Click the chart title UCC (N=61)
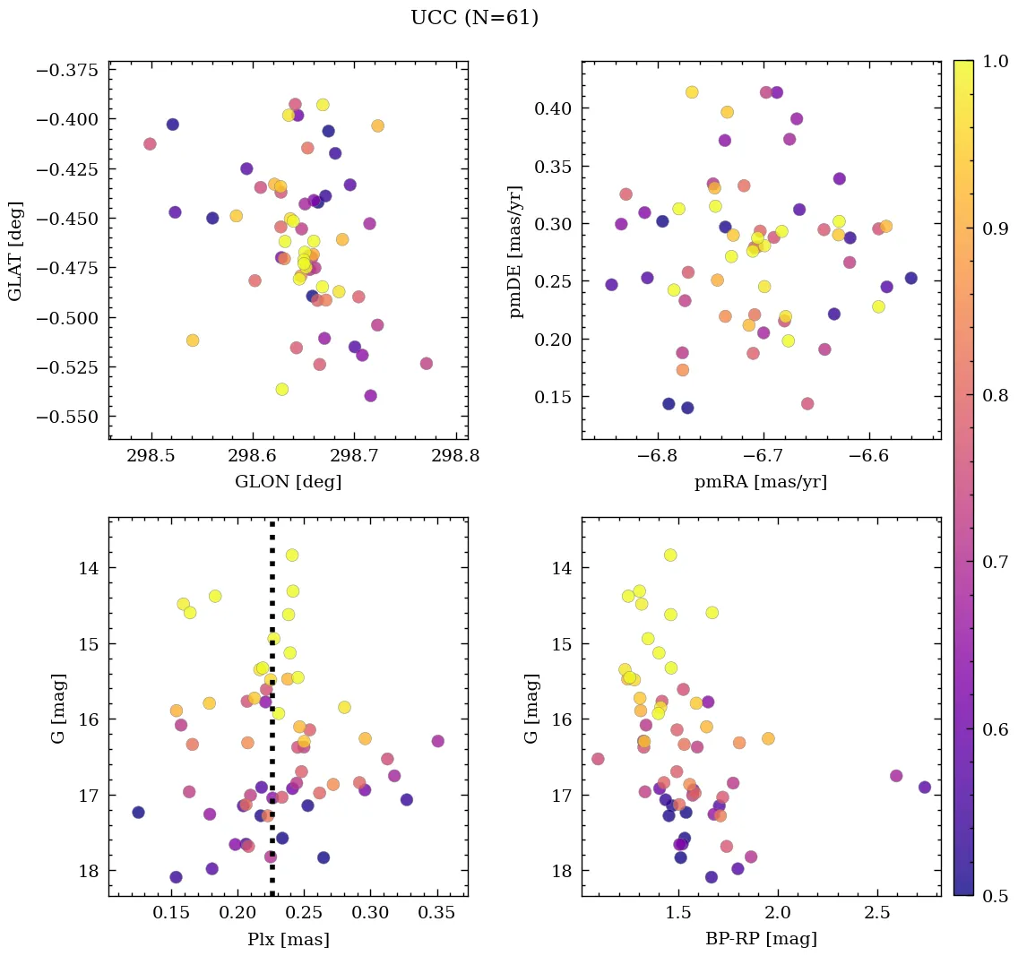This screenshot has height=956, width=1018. point(474,18)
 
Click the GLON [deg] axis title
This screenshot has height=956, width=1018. point(288,481)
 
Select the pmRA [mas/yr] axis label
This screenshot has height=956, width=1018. point(761,481)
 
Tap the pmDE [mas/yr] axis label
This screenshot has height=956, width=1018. point(516,251)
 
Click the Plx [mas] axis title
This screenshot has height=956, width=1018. point(288,940)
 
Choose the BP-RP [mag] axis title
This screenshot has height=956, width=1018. point(761,940)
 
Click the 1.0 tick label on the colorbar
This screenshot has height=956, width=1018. point(996,62)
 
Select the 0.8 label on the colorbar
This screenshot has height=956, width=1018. point(996,395)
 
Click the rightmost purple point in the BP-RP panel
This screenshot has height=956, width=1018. point(925,787)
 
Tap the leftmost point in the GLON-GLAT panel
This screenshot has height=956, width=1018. point(150,143)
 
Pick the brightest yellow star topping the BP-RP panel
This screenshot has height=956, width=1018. point(670,556)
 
